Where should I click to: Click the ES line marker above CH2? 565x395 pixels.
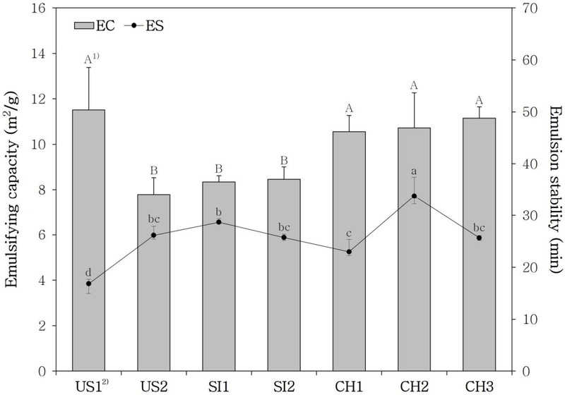click(x=414, y=196)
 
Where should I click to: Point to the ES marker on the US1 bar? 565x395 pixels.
click(x=88, y=284)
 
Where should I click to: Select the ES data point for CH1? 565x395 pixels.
click(x=349, y=252)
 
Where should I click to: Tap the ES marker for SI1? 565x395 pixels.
click(x=218, y=222)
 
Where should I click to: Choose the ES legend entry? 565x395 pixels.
click(x=145, y=25)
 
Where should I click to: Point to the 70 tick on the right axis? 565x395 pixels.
click(x=520, y=8)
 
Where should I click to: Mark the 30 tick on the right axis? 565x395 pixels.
click(x=520, y=216)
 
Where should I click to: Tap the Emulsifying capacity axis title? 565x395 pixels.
click(x=12, y=190)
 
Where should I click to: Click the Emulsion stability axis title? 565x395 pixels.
click(x=554, y=190)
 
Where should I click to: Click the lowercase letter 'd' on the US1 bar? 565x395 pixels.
click(x=88, y=271)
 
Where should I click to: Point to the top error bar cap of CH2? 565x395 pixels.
click(x=414, y=93)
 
